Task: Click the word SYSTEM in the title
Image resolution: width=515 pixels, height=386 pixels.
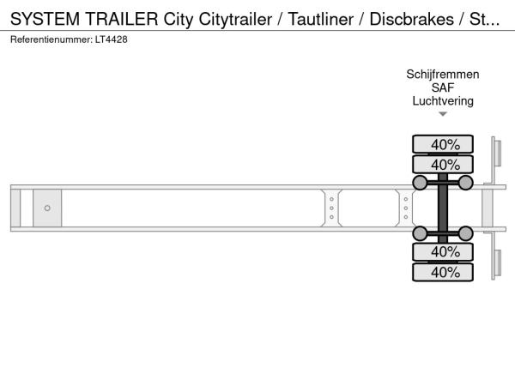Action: [x=45, y=19]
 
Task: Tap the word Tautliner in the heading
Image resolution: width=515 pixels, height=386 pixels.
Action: [x=320, y=19]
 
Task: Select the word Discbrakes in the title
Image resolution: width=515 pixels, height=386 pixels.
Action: [x=411, y=19]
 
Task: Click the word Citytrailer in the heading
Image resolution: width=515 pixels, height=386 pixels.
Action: [x=235, y=20]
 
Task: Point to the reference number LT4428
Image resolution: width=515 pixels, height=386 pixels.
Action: [x=111, y=39]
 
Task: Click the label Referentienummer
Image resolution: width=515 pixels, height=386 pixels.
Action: [x=51, y=39]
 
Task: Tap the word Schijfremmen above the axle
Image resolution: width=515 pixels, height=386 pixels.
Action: [x=443, y=74]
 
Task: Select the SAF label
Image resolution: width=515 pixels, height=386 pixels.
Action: [x=443, y=87]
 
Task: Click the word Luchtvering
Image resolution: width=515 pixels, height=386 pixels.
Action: [x=443, y=101]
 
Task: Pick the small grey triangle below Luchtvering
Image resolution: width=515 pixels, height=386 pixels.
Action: [x=443, y=114]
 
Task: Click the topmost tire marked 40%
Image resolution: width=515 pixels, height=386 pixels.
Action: [x=443, y=144]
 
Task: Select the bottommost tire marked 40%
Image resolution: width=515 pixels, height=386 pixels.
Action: [x=443, y=272]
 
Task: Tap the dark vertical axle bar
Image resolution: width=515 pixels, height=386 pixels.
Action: [x=443, y=208]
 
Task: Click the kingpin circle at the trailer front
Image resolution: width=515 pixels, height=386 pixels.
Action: [x=47, y=208]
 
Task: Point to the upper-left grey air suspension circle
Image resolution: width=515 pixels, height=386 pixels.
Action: [x=420, y=183]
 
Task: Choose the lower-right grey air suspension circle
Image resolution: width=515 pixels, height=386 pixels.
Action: [x=465, y=233]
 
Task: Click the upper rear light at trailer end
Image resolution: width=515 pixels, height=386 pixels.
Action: [x=497, y=153]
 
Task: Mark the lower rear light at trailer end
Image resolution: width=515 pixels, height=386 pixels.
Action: [x=497, y=263]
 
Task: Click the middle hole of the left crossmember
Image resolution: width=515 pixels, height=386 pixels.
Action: [x=331, y=208]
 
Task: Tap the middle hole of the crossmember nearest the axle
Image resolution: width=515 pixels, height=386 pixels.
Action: [x=406, y=208]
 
